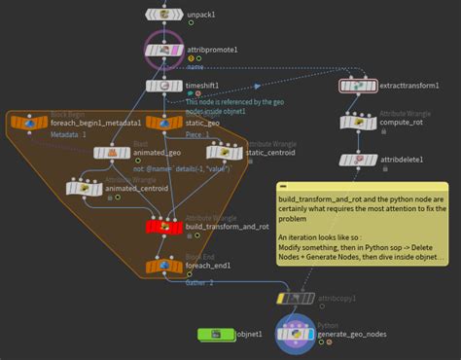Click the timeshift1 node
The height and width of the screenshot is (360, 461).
pos(159,86)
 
